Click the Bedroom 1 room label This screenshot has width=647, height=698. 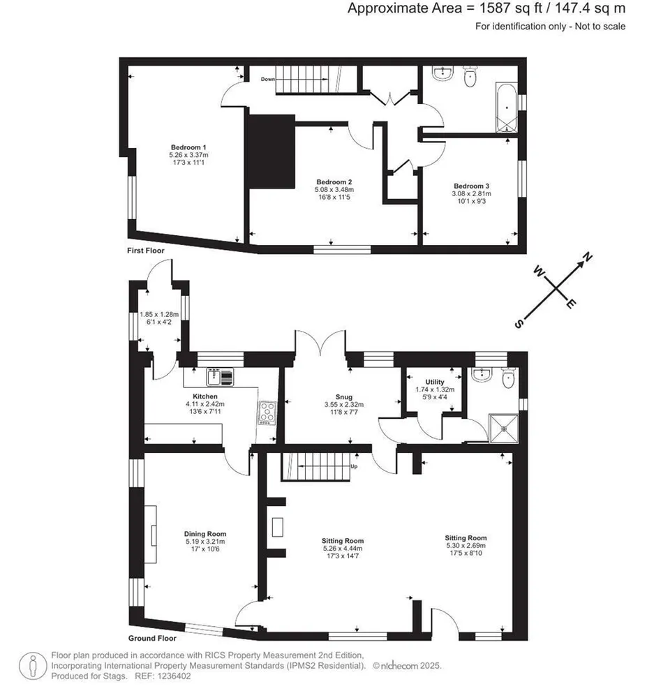coord(188,147)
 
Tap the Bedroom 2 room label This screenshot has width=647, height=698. coord(334,182)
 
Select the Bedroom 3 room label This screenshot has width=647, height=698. coord(472,186)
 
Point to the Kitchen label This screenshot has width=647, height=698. coord(205,396)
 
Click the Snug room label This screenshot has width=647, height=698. coord(344,396)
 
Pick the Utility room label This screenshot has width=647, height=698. coord(435,382)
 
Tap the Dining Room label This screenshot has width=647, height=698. coord(205,534)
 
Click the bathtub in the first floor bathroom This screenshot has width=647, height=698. coord(507,107)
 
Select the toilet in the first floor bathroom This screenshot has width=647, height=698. coord(470,76)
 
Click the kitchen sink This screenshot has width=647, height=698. coord(220,377)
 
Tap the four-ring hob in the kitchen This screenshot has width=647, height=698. coord(267,413)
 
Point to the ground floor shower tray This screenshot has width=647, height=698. coord(504,429)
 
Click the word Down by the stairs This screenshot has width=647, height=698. coord(268,80)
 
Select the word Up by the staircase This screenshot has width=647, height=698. coord(354,466)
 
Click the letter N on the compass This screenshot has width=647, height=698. coord(588,257)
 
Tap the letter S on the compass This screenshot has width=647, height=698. coord(519,324)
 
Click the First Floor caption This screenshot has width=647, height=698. coord(145,251)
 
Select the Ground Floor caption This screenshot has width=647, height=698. coord(152,638)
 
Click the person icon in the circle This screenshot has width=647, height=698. coord(33,666)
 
